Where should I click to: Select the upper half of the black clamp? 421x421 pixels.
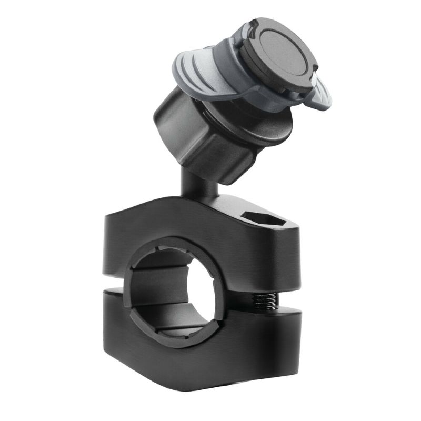tap(158, 232)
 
